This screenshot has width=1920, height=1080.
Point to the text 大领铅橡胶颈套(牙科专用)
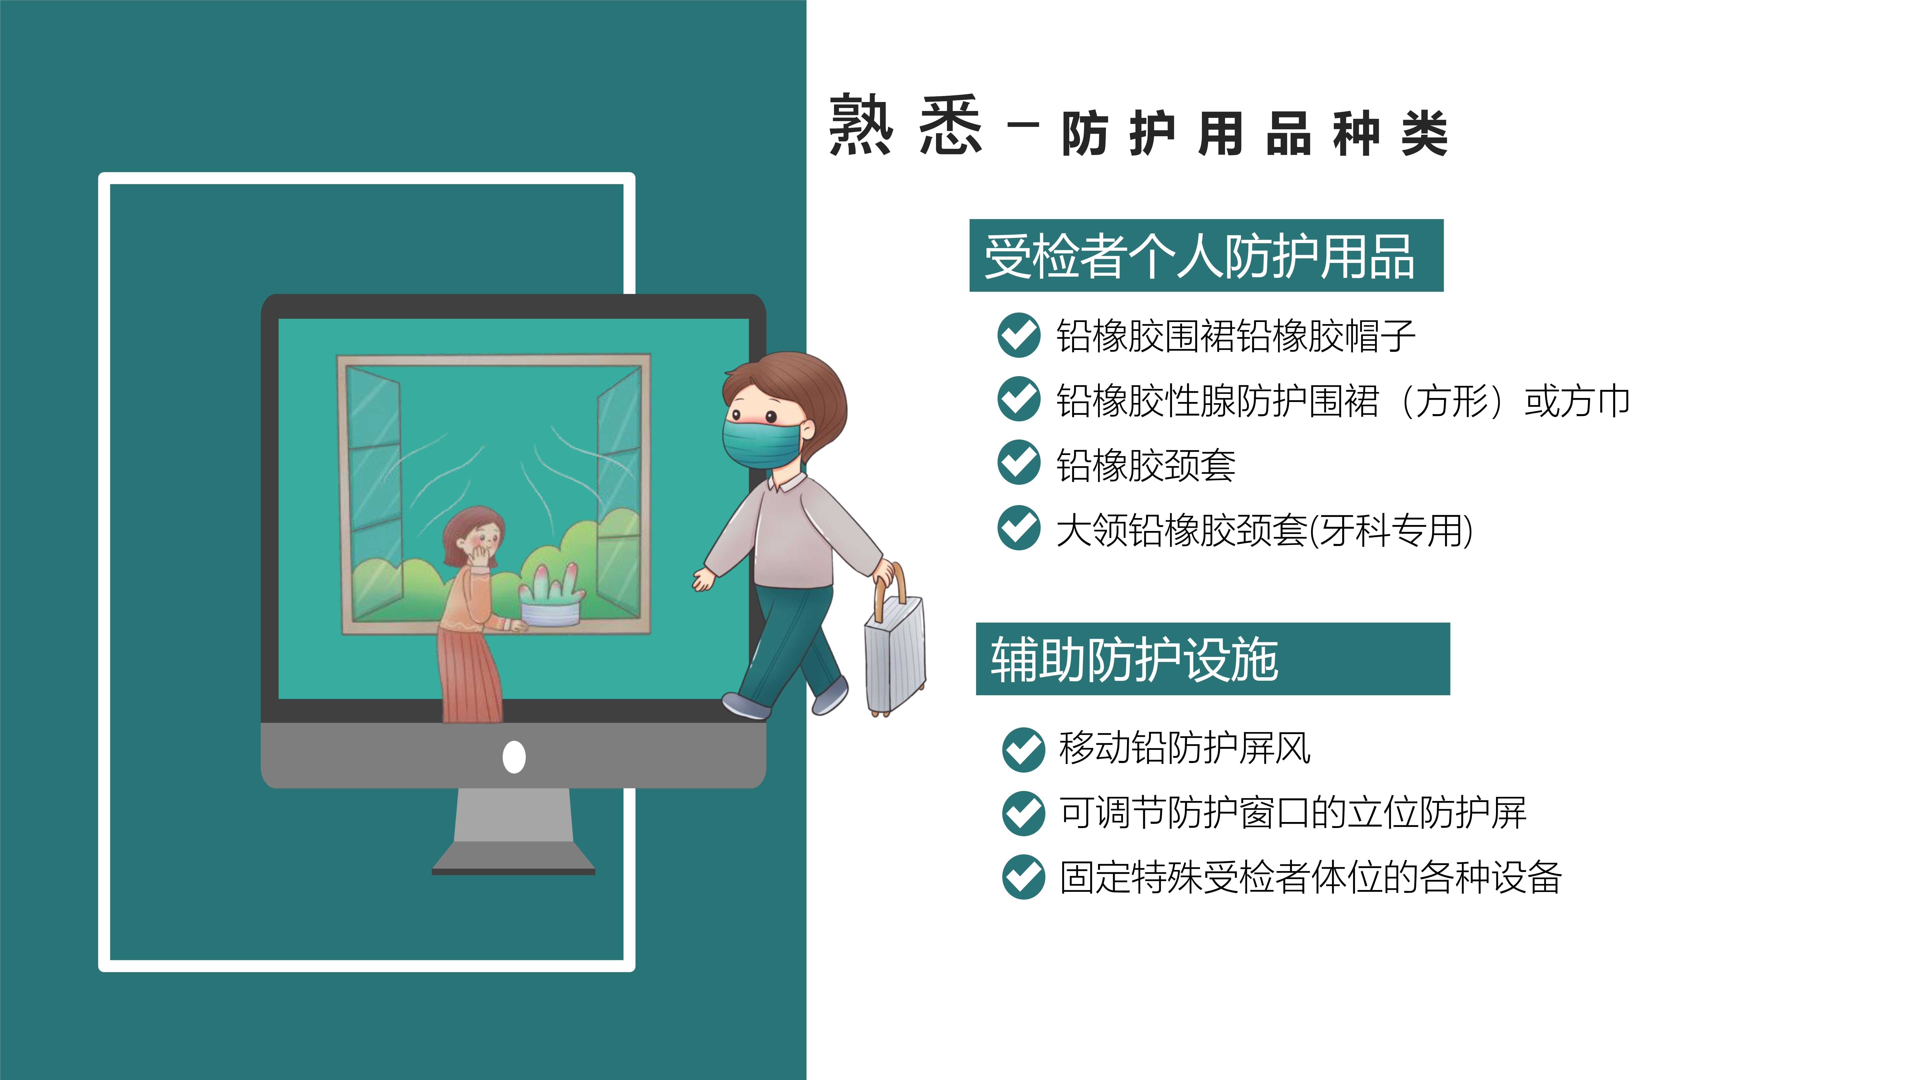1264,530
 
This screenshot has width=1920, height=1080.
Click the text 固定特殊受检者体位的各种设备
1310,876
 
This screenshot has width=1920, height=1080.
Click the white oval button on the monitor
514,757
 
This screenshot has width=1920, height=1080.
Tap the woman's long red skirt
469,674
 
